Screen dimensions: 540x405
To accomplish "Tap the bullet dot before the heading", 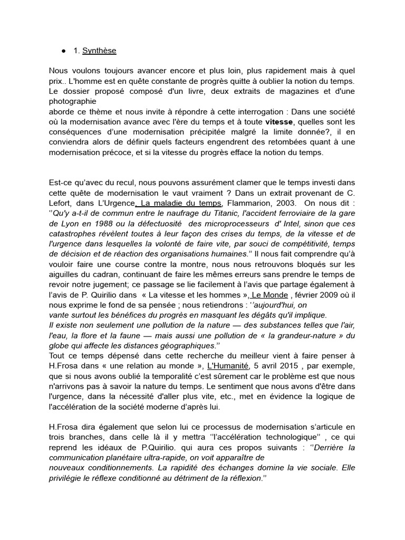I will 63,51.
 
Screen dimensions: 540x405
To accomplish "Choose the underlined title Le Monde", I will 270,294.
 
